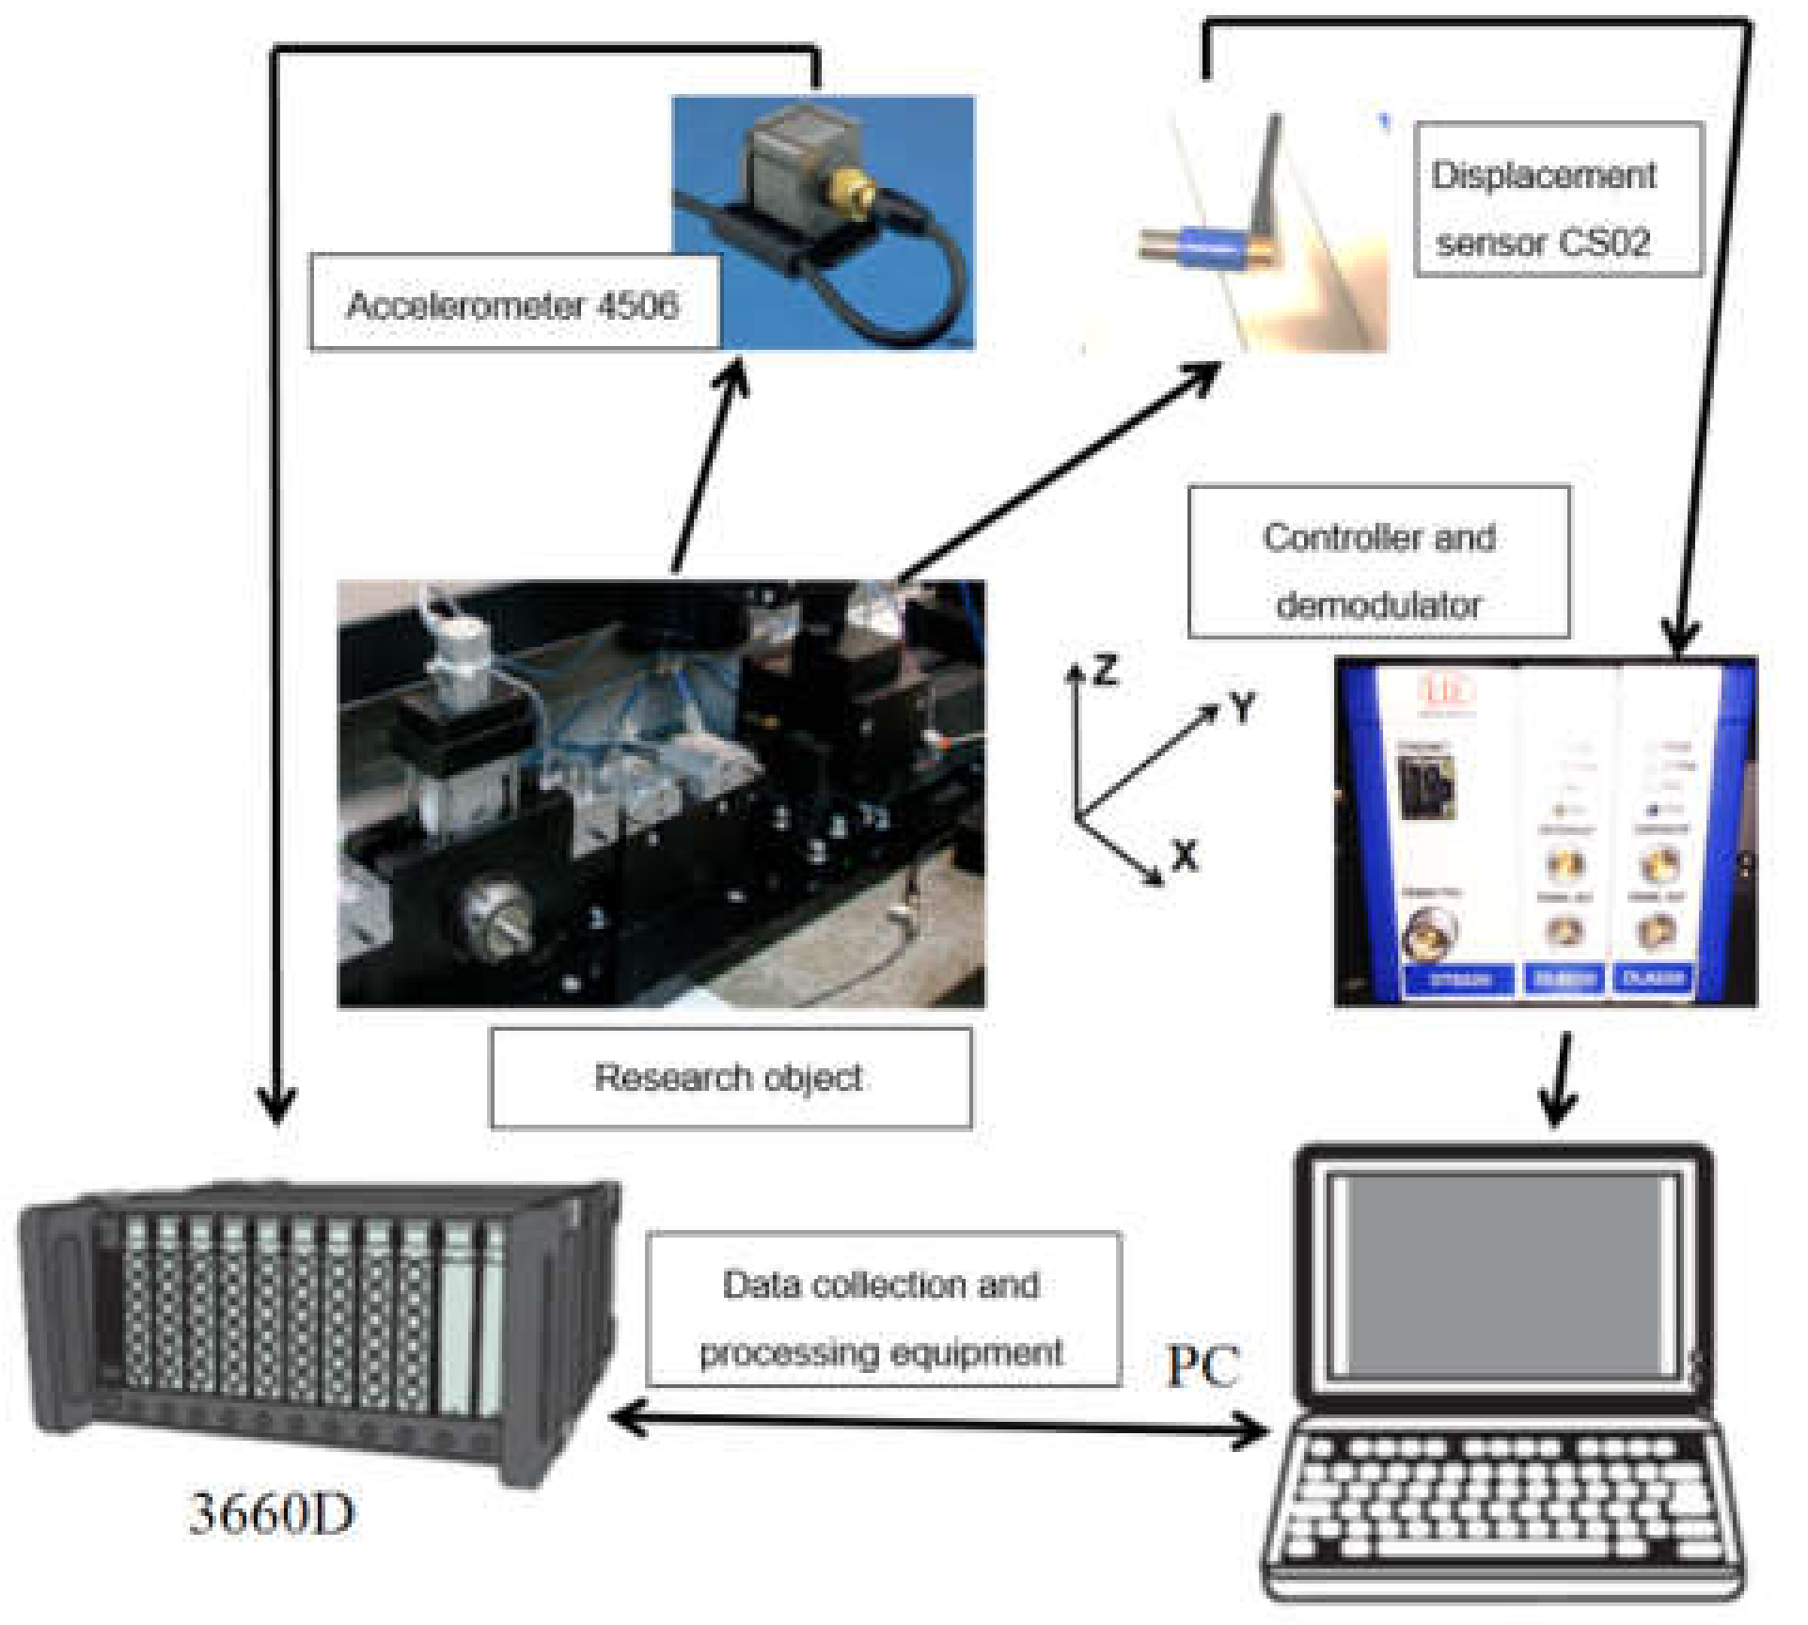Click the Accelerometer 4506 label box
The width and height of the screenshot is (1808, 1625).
point(513,304)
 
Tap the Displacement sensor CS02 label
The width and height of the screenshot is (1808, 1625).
point(1558,199)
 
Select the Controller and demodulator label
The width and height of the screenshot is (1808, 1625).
point(1378,562)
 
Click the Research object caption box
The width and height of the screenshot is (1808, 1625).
point(730,1077)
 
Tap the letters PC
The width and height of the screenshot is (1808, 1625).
point(1203,1365)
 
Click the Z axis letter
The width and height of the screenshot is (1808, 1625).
point(1106,671)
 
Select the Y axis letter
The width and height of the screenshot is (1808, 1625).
point(1243,706)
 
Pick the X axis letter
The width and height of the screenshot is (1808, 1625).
point(1185,856)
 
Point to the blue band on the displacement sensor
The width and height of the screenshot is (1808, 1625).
point(1213,246)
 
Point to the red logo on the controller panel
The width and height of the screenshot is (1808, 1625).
point(1445,691)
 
